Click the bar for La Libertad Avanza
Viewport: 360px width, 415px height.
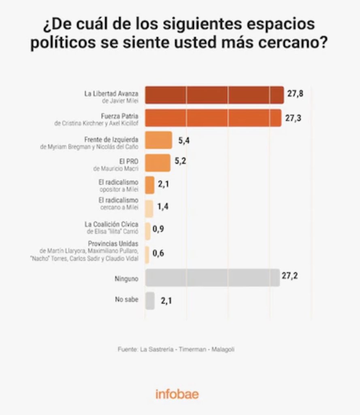point(215,95)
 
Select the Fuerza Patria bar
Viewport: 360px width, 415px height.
point(213,118)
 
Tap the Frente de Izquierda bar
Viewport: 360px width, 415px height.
point(159,140)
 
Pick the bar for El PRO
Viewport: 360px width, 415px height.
point(158,163)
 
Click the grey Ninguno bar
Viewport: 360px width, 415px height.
point(213,278)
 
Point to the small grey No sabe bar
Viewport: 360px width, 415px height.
point(150,301)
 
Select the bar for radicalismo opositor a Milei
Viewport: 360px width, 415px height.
point(150,185)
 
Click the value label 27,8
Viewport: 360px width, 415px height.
point(295,94)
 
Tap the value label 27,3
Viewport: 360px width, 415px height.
point(293,118)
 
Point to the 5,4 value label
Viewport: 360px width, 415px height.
point(184,141)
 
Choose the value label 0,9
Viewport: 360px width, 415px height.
point(158,229)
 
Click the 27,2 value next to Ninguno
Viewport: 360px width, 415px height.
point(290,276)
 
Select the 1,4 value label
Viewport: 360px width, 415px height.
point(163,206)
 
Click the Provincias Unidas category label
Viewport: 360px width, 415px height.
point(113,244)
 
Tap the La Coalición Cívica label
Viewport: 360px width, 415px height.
point(111,224)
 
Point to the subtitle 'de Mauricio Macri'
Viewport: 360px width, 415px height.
point(116,169)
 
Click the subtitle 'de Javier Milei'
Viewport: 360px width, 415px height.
point(120,101)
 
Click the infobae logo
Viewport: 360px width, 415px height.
point(177,394)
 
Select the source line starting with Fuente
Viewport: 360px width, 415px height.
point(176,349)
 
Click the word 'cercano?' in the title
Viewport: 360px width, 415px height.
point(293,42)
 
